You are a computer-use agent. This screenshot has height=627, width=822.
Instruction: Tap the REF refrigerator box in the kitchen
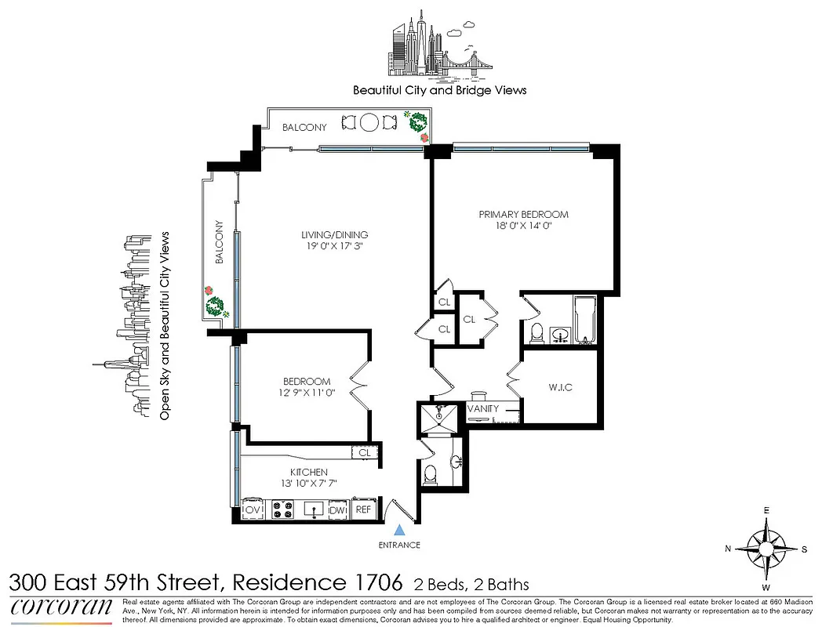pyautogui.click(x=363, y=509)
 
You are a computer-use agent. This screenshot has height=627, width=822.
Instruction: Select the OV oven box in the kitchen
pyautogui.click(x=253, y=509)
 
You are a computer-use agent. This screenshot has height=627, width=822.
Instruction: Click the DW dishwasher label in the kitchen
pyautogui.click(x=337, y=509)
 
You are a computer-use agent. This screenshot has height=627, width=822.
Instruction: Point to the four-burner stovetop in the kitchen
pyautogui.click(x=282, y=509)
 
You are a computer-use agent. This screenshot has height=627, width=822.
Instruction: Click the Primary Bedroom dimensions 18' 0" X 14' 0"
pyautogui.click(x=523, y=227)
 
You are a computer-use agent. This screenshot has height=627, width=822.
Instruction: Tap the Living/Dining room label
pyautogui.click(x=335, y=234)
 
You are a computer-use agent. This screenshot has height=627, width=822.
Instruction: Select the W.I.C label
pyautogui.click(x=559, y=387)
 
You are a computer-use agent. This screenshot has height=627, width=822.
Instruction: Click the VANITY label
pyautogui.click(x=483, y=408)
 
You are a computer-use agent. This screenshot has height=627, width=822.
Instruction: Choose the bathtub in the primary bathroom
pyautogui.click(x=586, y=321)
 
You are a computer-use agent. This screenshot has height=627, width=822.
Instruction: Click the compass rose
pyautogui.click(x=766, y=548)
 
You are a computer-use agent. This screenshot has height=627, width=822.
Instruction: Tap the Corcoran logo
pyautogui.click(x=61, y=608)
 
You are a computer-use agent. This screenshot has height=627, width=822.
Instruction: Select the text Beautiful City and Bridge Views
pyautogui.click(x=439, y=90)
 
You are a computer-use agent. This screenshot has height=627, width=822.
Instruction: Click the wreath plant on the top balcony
pyautogui.click(x=416, y=121)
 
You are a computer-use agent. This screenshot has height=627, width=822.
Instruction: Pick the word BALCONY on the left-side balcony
pyautogui.click(x=220, y=248)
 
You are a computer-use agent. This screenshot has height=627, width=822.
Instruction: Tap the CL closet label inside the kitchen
pyautogui.click(x=365, y=452)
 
